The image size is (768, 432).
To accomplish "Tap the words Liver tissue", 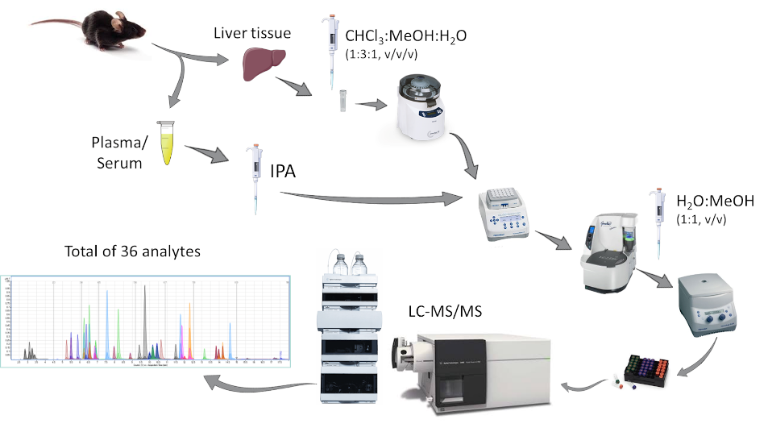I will click(251, 33).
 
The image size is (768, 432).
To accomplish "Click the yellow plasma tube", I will click(167, 143).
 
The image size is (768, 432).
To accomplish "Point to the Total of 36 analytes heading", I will click(132, 251).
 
